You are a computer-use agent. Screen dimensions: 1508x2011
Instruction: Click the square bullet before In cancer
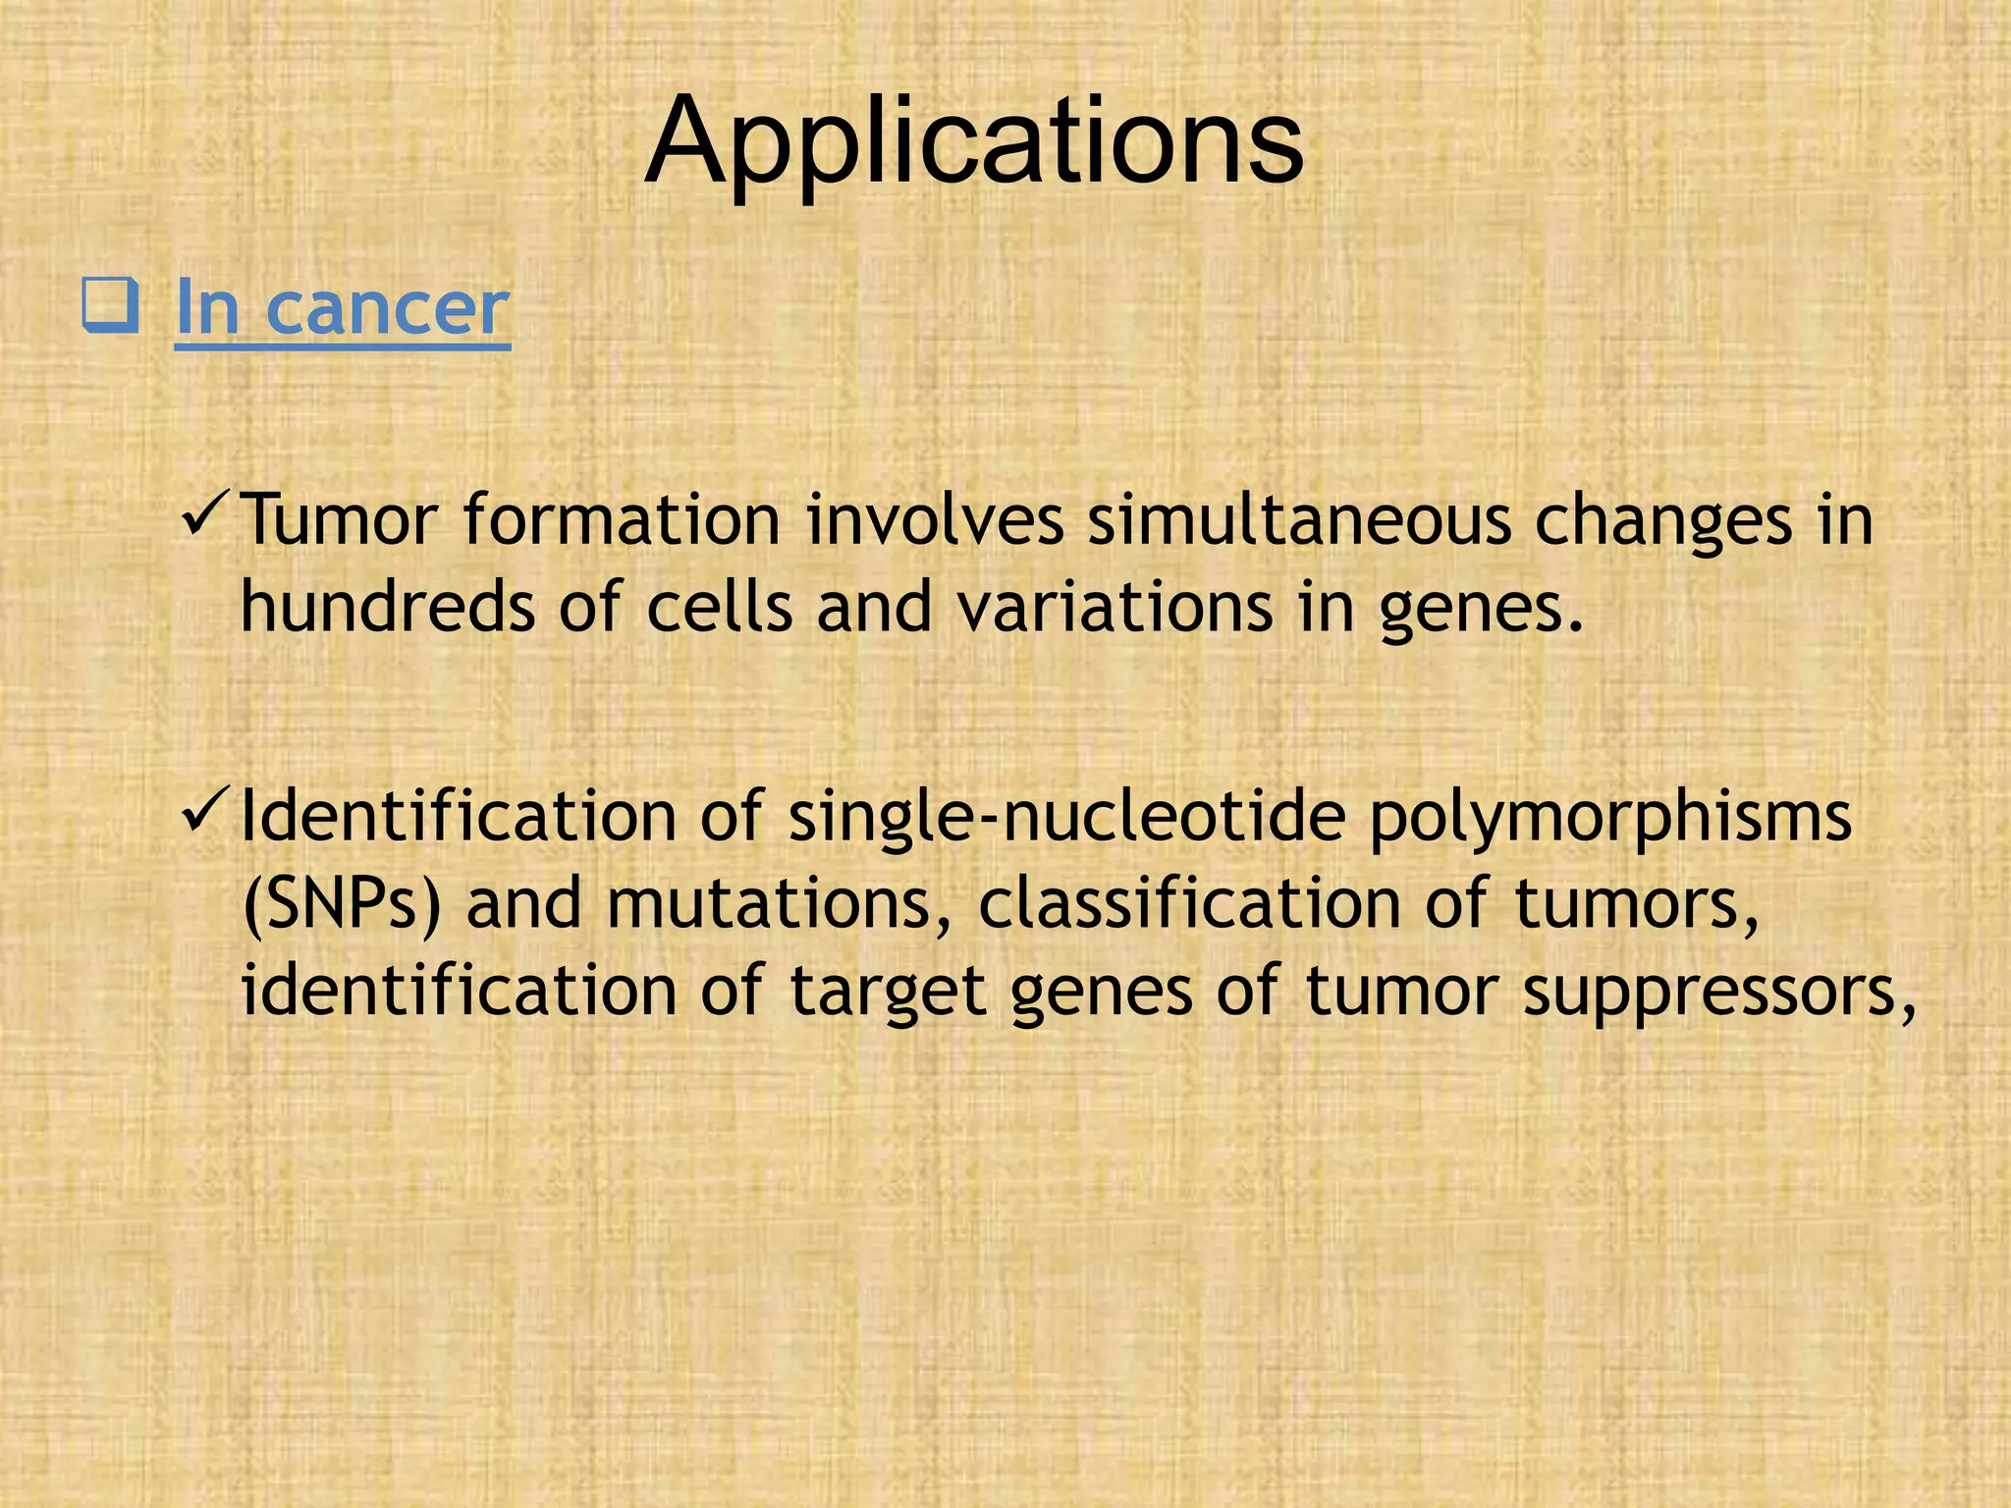[x=109, y=306]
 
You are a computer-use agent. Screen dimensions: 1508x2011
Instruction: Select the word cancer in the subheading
[x=388, y=308]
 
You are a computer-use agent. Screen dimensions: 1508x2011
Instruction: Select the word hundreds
[x=388, y=606]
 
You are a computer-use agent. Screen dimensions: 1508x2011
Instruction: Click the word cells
[x=720, y=606]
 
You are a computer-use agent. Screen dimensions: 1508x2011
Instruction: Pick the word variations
[x=1114, y=606]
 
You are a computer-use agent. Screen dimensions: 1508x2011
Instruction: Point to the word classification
[x=1188, y=903]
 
